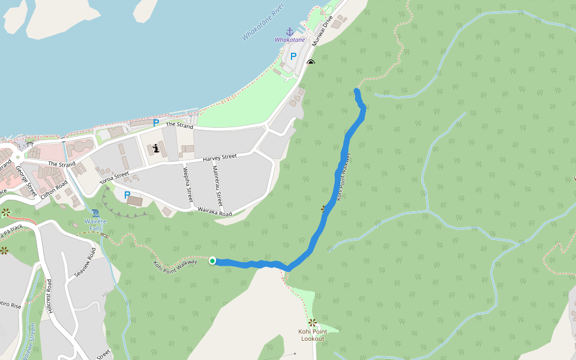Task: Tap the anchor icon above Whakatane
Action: (290, 31)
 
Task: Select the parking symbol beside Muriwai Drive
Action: (293, 56)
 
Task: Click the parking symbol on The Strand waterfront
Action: (156, 123)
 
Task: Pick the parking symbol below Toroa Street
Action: (127, 195)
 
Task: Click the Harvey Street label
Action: (220, 157)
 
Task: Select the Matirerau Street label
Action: (217, 185)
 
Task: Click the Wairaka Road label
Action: (215, 212)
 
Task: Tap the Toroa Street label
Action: (114, 177)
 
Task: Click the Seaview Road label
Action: (85, 262)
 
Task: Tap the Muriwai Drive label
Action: (326, 26)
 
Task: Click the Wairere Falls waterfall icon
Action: (96, 213)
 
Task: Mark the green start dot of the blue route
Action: (212, 260)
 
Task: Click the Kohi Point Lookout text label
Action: (312, 335)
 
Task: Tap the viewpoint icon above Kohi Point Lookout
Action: (312, 322)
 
